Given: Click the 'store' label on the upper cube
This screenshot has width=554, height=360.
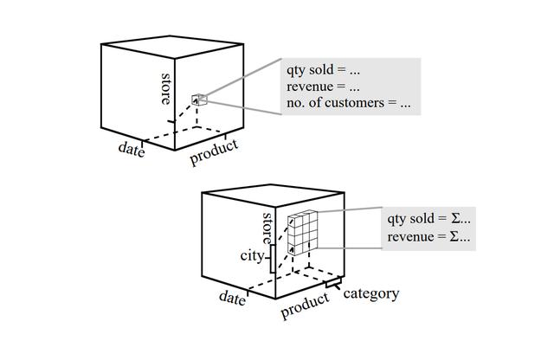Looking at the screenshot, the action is (x=165, y=88).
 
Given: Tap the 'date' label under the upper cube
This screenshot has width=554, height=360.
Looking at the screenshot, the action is (x=132, y=150).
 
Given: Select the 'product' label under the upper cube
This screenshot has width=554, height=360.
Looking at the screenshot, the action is (x=214, y=152).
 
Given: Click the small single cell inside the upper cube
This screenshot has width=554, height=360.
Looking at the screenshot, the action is (x=199, y=100).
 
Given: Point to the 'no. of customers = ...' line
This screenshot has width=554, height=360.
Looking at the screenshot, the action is (x=349, y=103).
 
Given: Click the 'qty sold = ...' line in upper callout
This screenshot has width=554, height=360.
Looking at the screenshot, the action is (x=323, y=69).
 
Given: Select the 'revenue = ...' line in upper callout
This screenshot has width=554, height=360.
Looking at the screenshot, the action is (x=323, y=87).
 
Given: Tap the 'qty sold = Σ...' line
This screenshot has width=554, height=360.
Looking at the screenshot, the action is (x=429, y=219).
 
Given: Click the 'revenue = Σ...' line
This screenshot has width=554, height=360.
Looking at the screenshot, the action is (x=429, y=236).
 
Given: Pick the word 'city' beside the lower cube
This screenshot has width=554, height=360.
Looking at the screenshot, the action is (x=252, y=256).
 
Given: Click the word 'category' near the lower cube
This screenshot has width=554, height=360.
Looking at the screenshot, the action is (x=371, y=293).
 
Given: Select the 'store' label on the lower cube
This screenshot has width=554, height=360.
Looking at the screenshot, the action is (x=267, y=228).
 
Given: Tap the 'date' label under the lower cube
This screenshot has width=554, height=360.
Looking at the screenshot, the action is (x=232, y=298).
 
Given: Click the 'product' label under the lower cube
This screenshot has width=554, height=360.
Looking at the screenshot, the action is (x=305, y=305).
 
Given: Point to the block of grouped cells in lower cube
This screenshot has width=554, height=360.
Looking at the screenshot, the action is (x=303, y=232).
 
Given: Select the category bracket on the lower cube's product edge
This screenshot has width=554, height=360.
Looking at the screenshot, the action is (x=334, y=283).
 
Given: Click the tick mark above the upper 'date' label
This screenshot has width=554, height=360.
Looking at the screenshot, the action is (x=142, y=144).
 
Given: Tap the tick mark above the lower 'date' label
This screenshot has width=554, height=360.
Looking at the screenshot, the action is (x=248, y=292).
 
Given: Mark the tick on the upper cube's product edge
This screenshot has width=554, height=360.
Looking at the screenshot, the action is (x=225, y=137).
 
